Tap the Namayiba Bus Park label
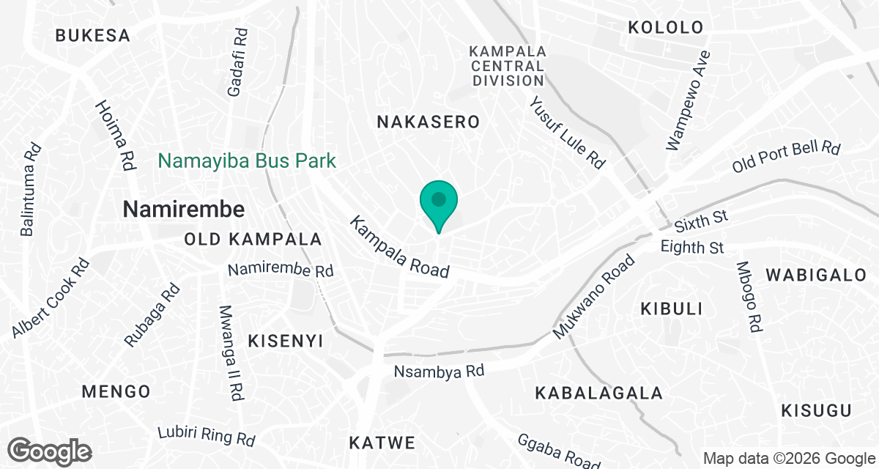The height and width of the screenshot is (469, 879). pos(248,160)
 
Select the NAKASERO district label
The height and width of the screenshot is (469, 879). pos(428,122)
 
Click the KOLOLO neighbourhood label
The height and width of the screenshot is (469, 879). pos(666,28)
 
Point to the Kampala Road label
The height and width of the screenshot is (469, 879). pos(399,246)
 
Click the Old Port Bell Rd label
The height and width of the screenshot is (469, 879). pos(786,157)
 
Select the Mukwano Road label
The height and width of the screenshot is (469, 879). pos(594,296)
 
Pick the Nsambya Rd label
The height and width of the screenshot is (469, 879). pos(439,372)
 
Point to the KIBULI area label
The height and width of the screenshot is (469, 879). pos(672,309)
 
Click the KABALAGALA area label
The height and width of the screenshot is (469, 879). pos(598,394)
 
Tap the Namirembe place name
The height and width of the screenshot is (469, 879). pos(183,210)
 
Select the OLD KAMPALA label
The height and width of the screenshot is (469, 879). pos(253,240)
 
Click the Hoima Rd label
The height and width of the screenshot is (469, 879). pos(116,136)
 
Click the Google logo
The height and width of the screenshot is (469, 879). pos(51,450)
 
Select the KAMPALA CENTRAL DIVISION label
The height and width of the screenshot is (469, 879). pos(508,66)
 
